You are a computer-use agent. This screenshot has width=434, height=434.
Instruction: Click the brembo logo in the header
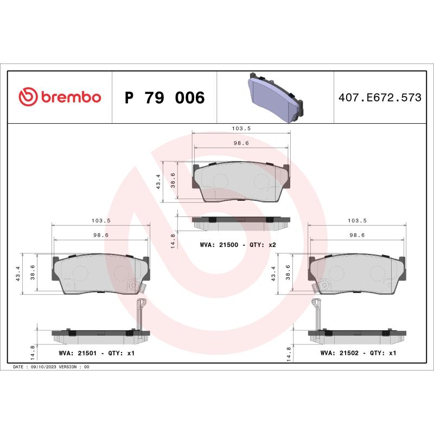tap(60, 97)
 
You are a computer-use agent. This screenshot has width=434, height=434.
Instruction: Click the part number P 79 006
tap(164, 98)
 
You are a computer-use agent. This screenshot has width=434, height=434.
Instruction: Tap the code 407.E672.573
tap(380, 98)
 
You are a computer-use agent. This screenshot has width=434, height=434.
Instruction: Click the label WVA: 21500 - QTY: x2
tap(238, 245)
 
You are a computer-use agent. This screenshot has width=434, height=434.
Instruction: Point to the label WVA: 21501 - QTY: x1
tap(96, 353)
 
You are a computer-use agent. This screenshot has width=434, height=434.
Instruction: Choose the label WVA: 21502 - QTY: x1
tap(359, 353)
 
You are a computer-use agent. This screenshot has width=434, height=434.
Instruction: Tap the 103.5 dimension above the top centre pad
tap(240, 129)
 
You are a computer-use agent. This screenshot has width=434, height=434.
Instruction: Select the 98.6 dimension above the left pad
tap(101, 235)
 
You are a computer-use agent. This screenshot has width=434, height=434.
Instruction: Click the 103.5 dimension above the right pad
tap(356, 221)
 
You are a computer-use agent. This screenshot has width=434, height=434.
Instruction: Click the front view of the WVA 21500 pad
tap(241, 182)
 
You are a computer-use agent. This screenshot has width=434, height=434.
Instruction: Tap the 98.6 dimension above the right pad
tap(356, 235)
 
